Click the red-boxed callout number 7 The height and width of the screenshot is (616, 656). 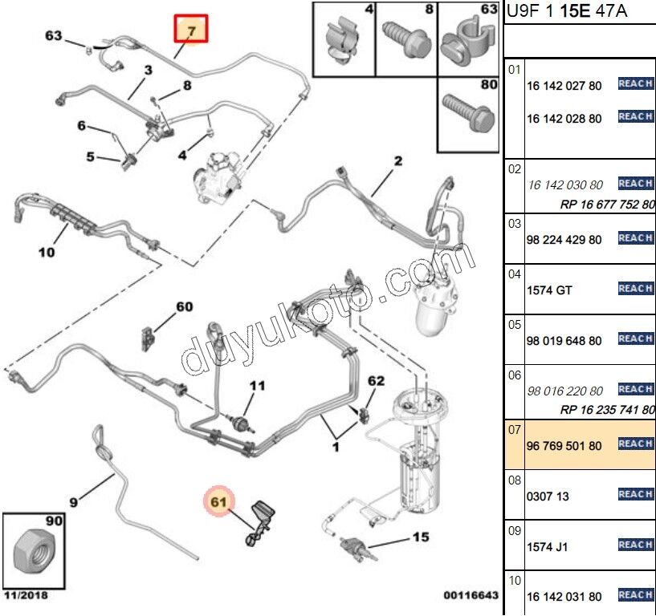tap(191, 30)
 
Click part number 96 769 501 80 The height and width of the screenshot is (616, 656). tap(564, 445)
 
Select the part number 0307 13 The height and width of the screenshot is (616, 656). tap(548, 496)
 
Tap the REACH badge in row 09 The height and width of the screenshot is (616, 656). tap(635, 545)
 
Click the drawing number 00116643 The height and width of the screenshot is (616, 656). tap(471, 596)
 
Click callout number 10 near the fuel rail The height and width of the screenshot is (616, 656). tap(47, 253)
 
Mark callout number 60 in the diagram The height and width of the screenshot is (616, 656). tap(185, 307)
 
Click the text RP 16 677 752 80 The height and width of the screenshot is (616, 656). tap(607, 205)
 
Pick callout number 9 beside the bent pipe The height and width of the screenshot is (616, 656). tap(73, 503)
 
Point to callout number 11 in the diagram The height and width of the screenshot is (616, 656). tap(256, 386)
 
